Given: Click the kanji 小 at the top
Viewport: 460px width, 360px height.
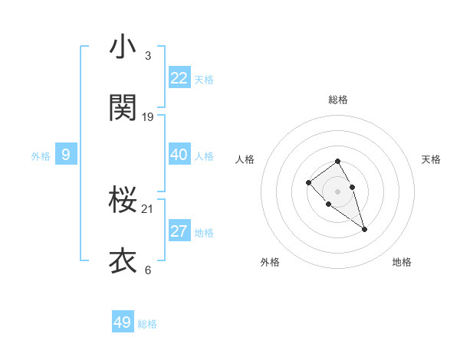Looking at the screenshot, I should (123, 47).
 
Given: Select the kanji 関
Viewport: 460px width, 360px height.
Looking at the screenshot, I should (123, 109).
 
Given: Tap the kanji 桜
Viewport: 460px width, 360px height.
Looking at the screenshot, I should (123, 201).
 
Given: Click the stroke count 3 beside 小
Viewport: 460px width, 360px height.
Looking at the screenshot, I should (148, 56).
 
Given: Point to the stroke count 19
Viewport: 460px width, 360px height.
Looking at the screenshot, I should (148, 117).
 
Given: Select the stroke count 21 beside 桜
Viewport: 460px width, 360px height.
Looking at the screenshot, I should (148, 209).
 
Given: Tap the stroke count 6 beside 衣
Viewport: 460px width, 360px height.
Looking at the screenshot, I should (148, 270).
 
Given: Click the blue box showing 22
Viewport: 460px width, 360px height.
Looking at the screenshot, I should (179, 78).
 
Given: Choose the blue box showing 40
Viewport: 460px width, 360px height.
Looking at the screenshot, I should (179, 155).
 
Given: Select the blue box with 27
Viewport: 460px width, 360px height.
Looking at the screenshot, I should (179, 231).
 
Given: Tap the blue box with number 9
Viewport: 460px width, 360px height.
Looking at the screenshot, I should (66, 155).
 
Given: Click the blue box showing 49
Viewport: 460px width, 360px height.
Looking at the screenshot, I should (123, 322).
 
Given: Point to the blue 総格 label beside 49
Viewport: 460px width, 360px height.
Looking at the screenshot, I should (147, 324).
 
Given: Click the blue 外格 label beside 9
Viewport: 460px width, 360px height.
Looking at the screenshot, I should (41, 156).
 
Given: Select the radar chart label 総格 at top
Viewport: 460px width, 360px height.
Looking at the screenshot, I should (338, 100).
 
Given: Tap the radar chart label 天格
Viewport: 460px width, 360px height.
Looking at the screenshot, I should (431, 159).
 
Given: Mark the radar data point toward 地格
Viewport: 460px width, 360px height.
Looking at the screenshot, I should (364, 229).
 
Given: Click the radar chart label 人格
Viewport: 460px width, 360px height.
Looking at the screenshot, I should (245, 159).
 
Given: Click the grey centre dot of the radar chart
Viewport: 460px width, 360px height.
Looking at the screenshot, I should (338, 191).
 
